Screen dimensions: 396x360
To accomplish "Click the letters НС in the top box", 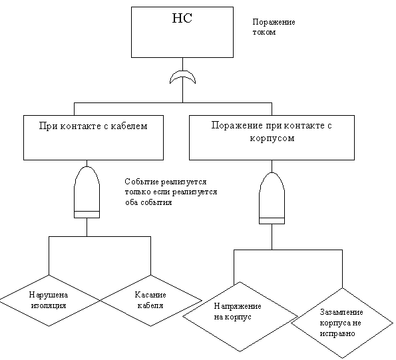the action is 182,18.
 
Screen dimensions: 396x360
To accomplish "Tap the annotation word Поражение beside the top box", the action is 274,22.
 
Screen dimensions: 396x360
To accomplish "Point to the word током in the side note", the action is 264,33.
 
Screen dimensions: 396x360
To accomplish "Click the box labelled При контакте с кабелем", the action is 93,138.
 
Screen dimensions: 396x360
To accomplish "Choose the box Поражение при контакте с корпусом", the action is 272,138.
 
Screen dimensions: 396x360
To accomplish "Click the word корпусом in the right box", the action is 272,138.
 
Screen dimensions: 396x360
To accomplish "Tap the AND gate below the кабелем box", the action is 87,192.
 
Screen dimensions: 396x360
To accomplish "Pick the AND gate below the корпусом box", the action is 272,198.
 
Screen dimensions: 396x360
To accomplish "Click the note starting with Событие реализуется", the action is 171,192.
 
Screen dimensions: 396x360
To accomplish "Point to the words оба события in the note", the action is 148,202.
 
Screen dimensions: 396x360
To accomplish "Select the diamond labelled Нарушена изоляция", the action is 49,300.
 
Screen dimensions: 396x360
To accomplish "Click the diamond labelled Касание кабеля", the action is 151,300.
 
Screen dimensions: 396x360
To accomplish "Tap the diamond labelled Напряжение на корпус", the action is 240,317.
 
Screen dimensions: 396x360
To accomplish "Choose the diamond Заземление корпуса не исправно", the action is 343,323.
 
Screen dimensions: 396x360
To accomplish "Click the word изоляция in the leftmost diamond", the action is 49,305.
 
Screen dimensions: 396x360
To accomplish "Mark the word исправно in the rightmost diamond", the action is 337,334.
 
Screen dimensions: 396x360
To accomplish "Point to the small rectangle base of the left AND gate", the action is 87,214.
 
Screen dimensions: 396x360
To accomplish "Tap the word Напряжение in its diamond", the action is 238,307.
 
